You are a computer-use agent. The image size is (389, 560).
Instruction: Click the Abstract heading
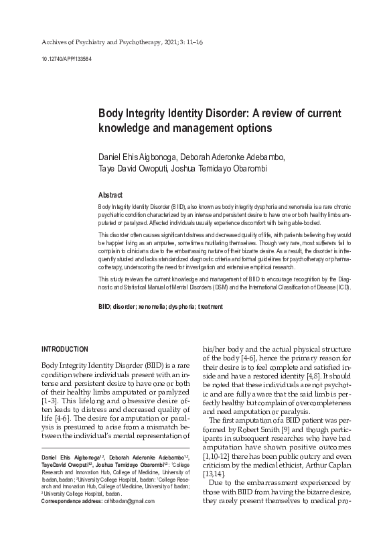click(112, 194)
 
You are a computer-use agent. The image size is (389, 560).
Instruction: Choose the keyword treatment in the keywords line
click(207, 307)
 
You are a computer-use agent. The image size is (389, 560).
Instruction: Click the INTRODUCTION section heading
click(65, 349)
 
